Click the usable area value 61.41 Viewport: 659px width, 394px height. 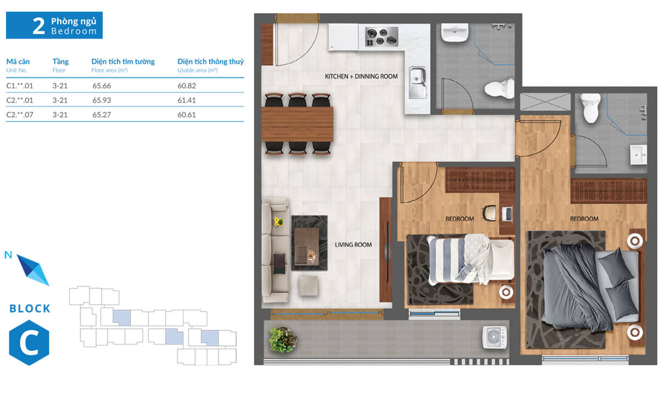pyautogui.click(x=187, y=100)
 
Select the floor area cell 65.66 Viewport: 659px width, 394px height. pyautogui.click(x=102, y=86)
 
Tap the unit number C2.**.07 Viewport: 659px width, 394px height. pyautogui.click(x=20, y=114)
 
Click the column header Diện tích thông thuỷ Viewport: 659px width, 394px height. pyautogui.click(x=211, y=62)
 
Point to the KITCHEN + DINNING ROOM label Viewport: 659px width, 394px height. pyautogui.click(x=361, y=76)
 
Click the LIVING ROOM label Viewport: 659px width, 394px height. pyautogui.click(x=353, y=245)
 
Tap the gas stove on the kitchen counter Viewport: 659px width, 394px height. pyautogui.click(x=382, y=37)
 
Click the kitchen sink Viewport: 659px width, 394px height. pyautogui.click(x=418, y=82)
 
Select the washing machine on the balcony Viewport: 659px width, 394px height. pyautogui.click(x=495, y=337)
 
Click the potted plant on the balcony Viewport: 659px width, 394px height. pyautogui.click(x=283, y=340)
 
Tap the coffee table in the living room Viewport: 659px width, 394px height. pyautogui.click(x=307, y=247)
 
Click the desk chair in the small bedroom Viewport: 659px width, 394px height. pyautogui.click(x=489, y=213)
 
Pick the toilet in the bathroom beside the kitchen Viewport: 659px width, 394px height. pyautogui.click(x=499, y=88)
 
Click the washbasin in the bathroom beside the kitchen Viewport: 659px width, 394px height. pyautogui.click(x=455, y=32)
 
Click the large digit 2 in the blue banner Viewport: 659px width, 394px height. pyautogui.click(x=38, y=26)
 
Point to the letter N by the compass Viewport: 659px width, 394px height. pyautogui.click(x=8, y=255)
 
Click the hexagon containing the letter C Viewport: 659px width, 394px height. pyautogui.click(x=29, y=343)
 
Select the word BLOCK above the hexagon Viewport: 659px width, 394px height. pyautogui.click(x=30, y=309)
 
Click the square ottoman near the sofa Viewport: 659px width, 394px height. pyautogui.click(x=308, y=285)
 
